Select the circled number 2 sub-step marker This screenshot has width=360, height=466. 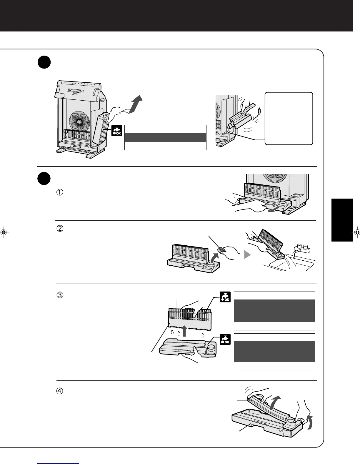click(59, 228)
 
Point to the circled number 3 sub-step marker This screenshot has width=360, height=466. click(59, 295)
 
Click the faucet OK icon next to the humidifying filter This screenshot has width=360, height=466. click(225, 297)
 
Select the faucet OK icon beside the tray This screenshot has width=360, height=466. click(225, 339)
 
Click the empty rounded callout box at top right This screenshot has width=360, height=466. click(289, 118)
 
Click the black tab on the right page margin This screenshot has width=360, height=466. click(342, 220)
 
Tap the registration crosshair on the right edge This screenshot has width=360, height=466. click(356, 232)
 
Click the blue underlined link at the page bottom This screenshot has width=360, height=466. click(59, 464)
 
